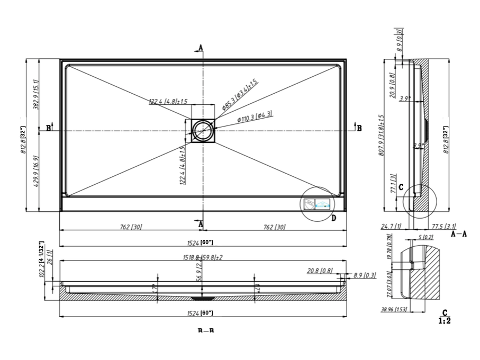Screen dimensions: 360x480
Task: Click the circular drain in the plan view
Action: click(x=202, y=130)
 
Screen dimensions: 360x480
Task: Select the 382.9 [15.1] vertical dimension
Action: click(x=37, y=94)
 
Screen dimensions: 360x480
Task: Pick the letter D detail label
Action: click(x=333, y=218)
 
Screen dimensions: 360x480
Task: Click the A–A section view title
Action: click(x=458, y=233)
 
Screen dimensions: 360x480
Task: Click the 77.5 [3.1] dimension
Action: click(x=440, y=227)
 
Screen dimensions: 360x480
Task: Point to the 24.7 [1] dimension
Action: click(x=391, y=227)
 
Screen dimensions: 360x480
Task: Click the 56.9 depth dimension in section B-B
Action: click(x=199, y=275)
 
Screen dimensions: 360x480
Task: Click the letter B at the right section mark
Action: click(x=359, y=128)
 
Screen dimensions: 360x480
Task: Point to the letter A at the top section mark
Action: click(x=201, y=48)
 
